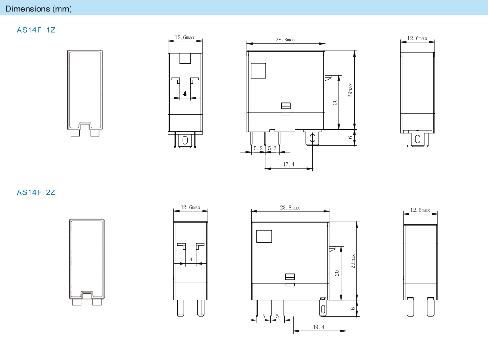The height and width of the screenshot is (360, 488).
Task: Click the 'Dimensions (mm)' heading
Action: pyautogui.click(x=39, y=9)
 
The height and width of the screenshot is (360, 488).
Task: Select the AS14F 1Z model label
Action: pyautogui.click(x=36, y=30)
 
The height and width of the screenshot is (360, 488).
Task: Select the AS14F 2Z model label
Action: pyautogui.click(x=36, y=192)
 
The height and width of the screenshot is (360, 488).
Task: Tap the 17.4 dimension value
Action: pyautogui.click(x=288, y=164)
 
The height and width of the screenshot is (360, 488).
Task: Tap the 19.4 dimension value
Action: pyautogui.click(x=318, y=327)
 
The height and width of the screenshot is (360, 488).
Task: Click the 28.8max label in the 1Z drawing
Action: pyautogui.click(x=285, y=40)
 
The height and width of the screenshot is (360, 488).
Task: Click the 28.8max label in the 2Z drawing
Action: pyautogui.click(x=290, y=207)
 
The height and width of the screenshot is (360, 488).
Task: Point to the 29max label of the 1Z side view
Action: pyautogui.click(x=350, y=90)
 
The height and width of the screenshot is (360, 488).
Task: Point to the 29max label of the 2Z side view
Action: pyautogui.click(x=353, y=261)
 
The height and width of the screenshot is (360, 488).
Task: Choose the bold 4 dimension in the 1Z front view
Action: pyautogui.click(x=185, y=94)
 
